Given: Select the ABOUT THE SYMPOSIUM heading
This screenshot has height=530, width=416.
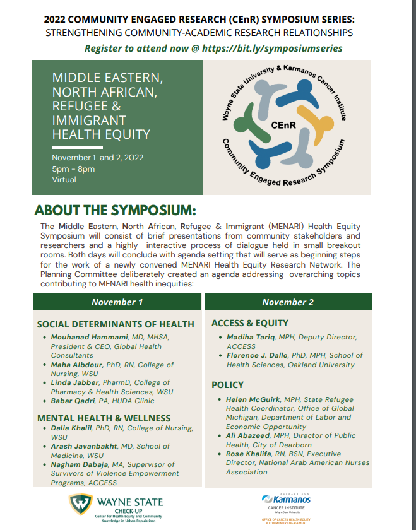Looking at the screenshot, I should (x=116, y=209).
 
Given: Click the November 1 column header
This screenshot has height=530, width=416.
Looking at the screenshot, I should (x=117, y=302).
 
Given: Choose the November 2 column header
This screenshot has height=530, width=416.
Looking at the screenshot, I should (x=288, y=302).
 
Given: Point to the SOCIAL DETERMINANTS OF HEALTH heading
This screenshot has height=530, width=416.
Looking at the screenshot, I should (x=116, y=324).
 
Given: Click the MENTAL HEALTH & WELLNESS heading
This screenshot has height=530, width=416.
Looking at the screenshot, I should (x=104, y=418).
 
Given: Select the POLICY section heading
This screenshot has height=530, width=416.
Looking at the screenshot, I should (x=227, y=384).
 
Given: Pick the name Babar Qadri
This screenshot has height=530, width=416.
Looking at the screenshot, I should (x=71, y=401).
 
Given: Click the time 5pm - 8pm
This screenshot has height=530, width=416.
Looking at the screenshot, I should (x=74, y=168).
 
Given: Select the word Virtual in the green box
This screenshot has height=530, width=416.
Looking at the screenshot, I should (x=64, y=179).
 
